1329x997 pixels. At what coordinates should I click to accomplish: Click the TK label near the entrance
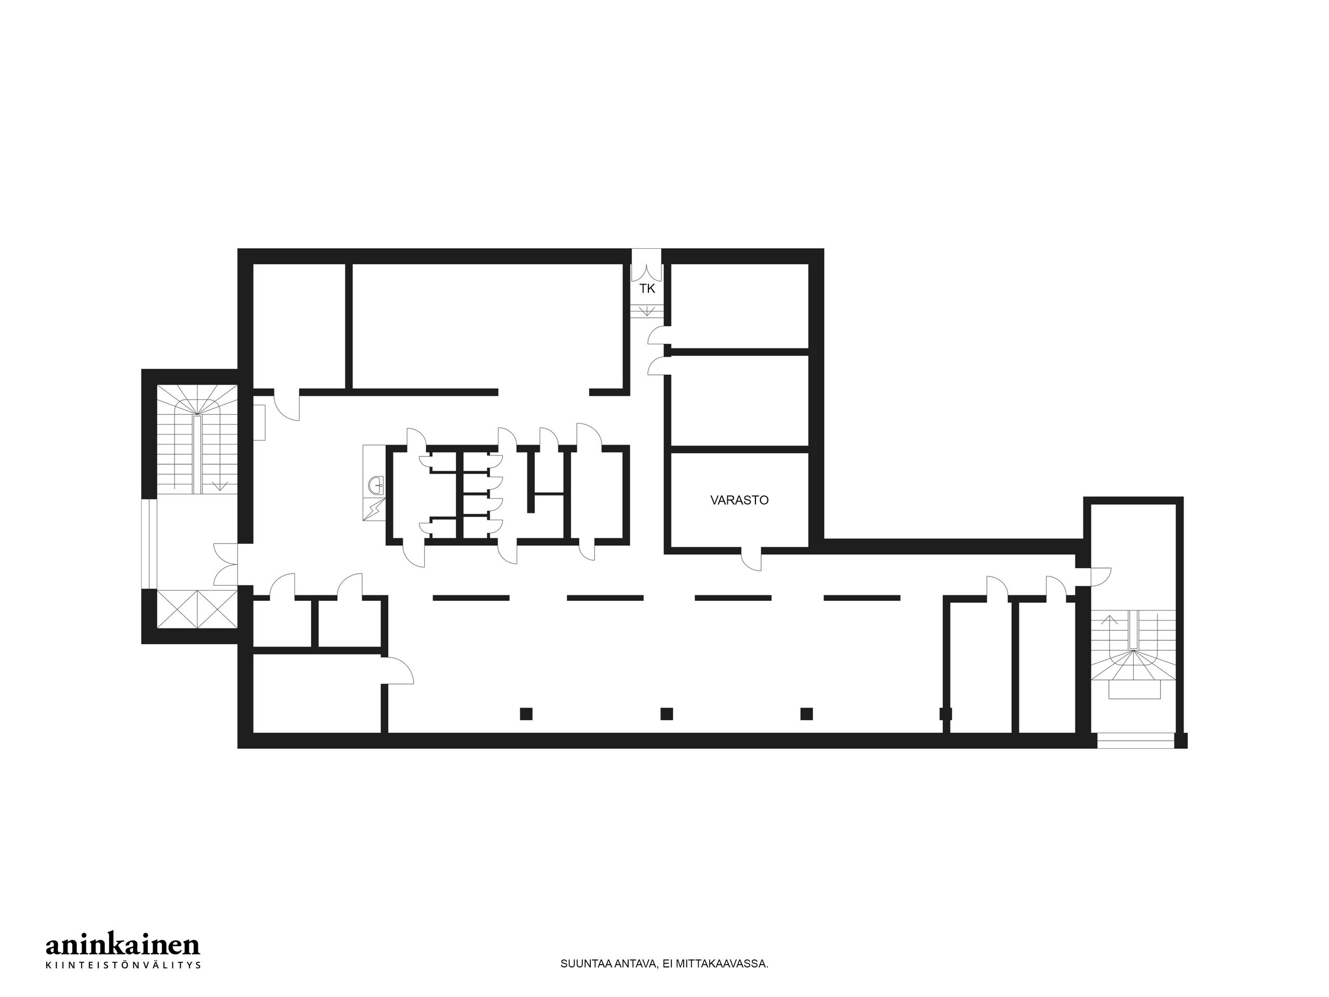click(647, 289)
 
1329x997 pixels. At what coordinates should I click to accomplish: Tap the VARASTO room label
click(739, 500)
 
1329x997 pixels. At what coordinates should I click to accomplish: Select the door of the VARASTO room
click(752, 559)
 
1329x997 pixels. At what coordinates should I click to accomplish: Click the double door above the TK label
click(646, 272)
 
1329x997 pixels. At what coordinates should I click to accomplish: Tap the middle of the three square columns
click(666, 714)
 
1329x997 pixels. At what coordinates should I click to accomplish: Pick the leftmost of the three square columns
click(526, 714)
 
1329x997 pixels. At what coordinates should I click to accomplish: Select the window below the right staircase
click(1135, 740)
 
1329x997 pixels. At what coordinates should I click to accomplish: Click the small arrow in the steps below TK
click(647, 311)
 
